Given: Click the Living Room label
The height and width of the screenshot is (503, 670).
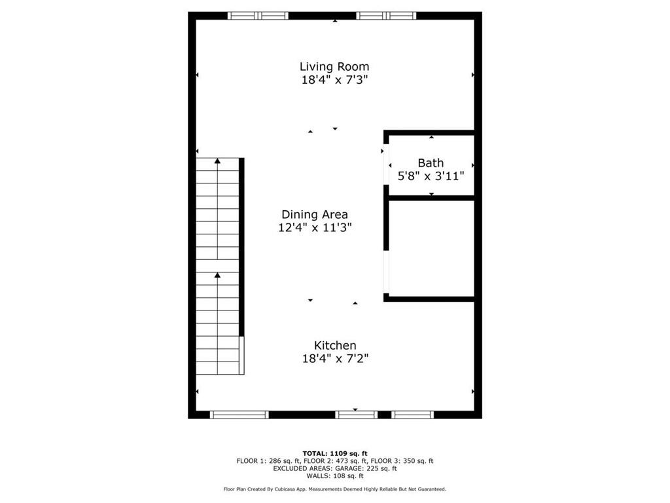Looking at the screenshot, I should coord(334,66).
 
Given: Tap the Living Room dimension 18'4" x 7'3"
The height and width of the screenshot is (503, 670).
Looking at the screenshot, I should coord(334,80).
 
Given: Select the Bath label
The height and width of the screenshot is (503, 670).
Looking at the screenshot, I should coord(431,162).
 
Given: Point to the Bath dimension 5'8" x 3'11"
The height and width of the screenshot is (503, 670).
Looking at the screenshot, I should coord(431,176).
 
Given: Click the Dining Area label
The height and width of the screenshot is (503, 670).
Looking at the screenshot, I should coord(315,214).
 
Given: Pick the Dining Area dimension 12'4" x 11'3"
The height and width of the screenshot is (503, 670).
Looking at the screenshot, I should coord(315,227).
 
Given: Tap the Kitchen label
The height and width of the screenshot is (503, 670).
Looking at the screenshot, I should coord(335,345).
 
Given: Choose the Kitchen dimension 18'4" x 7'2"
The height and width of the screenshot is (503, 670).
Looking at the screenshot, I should coord(335,358).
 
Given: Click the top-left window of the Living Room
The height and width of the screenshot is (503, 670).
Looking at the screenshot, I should coord(258,16).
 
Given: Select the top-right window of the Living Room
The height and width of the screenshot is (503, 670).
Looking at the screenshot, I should coord(386,16).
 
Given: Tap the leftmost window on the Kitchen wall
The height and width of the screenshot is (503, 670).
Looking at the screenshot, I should coord(239,414).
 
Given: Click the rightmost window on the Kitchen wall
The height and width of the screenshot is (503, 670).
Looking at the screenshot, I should coord(412,414).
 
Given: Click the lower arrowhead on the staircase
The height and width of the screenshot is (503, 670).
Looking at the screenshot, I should coord(217,276).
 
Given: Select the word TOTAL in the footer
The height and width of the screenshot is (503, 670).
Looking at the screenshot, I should coord(316,453).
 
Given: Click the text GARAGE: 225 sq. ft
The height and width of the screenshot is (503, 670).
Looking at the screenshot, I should coord(367,468).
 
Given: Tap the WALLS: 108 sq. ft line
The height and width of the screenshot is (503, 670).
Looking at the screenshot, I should coord(335,476).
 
